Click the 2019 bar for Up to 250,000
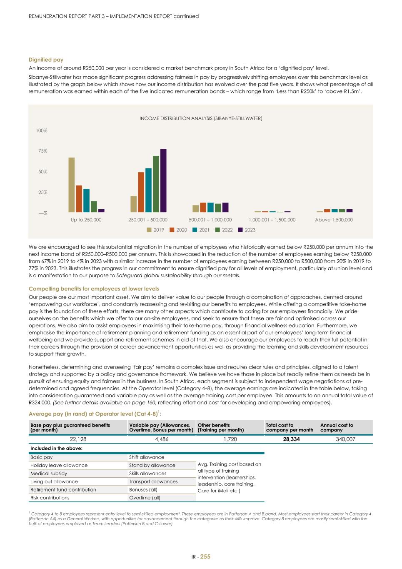click(x=71, y=185)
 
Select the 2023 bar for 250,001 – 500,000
click(x=163, y=180)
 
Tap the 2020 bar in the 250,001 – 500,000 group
click(x=141, y=192)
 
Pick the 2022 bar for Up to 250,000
click(x=94, y=207)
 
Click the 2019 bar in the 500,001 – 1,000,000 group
click(x=195, y=208)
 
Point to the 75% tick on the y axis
click(x=42, y=151)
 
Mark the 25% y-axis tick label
click(x=42, y=193)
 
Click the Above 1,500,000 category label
click(x=334, y=220)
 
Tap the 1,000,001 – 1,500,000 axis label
click(x=272, y=220)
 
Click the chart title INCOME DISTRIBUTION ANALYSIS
click(x=201, y=118)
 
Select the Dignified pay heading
click(x=46, y=60)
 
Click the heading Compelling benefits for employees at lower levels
click(x=94, y=289)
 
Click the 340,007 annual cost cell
click(x=345, y=439)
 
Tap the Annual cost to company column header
click(x=337, y=427)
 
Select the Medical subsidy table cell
click(x=49, y=474)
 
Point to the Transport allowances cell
click(x=153, y=481)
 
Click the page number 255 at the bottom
click(x=205, y=556)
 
